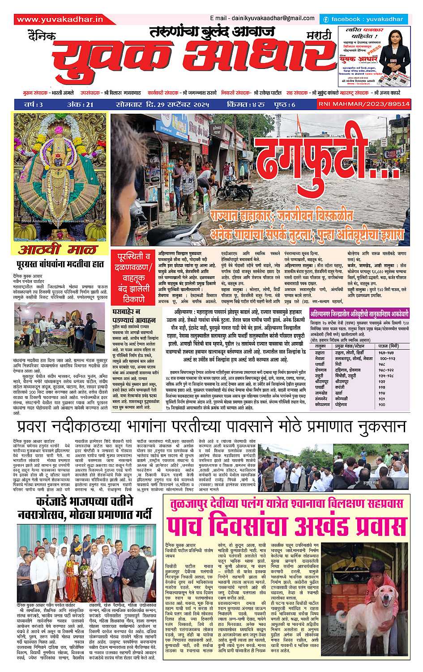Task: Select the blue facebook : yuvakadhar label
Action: (363, 20)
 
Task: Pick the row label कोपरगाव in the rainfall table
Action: (322, 404)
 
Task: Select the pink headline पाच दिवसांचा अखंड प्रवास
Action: (287, 526)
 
